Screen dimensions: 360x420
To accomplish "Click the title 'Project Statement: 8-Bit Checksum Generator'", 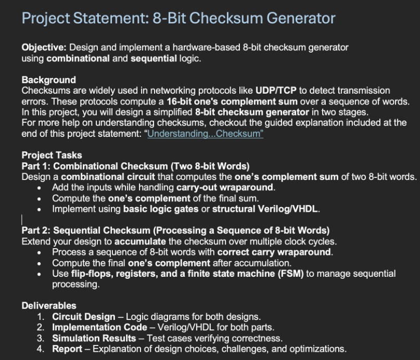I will coord(179,19).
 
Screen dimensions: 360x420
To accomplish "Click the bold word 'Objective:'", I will coord(44,47).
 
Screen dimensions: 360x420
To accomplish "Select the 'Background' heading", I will coord(48,80).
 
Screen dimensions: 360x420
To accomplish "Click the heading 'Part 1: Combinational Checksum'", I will coord(135,166).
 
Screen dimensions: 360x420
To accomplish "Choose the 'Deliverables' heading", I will coord(49,306).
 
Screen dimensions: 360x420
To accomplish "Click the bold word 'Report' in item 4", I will coord(67,349).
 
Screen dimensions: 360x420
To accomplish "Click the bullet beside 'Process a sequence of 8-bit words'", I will coord(41,252).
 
